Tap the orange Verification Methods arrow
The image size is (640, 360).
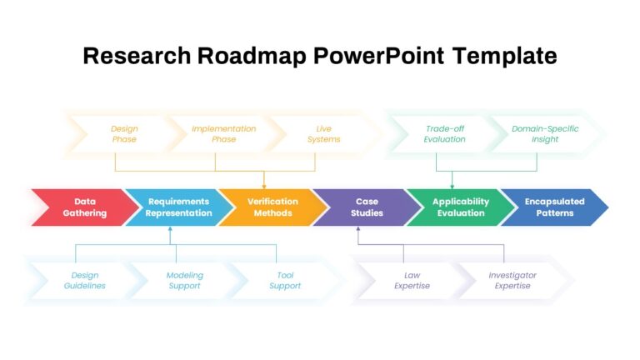(x=272, y=207)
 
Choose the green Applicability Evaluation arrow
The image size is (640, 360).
(x=460, y=207)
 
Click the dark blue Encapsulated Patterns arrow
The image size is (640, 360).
(x=554, y=207)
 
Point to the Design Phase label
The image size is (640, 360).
(x=124, y=134)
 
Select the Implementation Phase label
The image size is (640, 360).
(x=223, y=134)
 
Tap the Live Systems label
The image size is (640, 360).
(x=323, y=134)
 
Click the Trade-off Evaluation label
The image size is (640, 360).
(x=444, y=134)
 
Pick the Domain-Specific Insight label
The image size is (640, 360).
(x=545, y=134)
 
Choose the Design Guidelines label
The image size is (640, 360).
(x=84, y=280)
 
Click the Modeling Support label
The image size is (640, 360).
(x=184, y=280)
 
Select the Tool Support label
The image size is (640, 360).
(x=285, y=280)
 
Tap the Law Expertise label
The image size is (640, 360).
(x=412, y=280)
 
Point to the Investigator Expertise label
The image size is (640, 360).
(x=512, y=280)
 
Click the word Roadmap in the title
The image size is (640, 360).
(x=252, y=57)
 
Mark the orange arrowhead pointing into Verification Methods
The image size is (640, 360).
(x=264, y=187)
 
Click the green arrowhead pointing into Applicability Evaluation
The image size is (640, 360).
(x=452, y=187)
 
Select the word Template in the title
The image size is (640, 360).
(x=504, y=57)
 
